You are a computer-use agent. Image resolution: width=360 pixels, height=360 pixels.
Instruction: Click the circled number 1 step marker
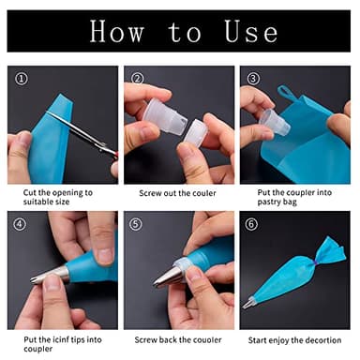(19, 78)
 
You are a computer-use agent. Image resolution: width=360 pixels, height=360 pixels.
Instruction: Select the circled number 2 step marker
(137, 78)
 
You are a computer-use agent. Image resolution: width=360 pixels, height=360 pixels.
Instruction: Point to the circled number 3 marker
(253, 78)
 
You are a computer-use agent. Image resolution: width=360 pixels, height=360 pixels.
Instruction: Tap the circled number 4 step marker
(19, 224)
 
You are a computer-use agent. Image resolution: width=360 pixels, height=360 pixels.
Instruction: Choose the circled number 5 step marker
(137, 224)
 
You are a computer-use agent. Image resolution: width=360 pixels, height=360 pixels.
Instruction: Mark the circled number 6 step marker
(253, 224)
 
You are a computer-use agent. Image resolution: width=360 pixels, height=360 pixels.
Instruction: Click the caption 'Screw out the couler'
(178, 193)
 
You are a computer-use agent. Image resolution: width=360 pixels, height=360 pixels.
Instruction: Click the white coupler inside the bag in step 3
(273, 121)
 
